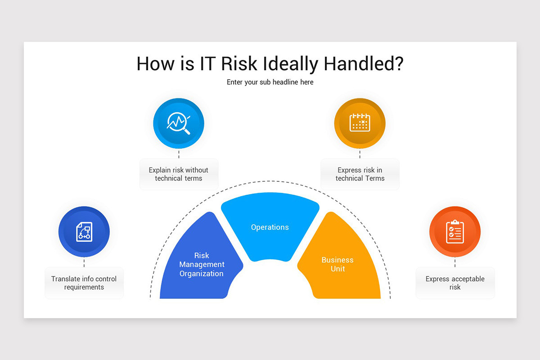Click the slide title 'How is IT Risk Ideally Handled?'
(270, 64)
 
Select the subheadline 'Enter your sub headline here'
(270, 82)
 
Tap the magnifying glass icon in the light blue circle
(179, 123)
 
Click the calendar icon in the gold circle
(360, 123)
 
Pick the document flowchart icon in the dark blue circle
(84, 232)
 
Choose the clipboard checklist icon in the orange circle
(455, 232)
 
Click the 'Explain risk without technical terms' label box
(179, 174)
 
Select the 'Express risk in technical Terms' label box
(360, 174)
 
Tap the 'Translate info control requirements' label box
(84, 283)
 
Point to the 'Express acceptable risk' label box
(455, 283)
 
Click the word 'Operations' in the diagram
(270, 227)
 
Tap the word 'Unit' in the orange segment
(337, 269)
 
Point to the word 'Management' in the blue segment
(202, 265)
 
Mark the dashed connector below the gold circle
(360, 154)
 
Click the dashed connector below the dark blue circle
(84, 262)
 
